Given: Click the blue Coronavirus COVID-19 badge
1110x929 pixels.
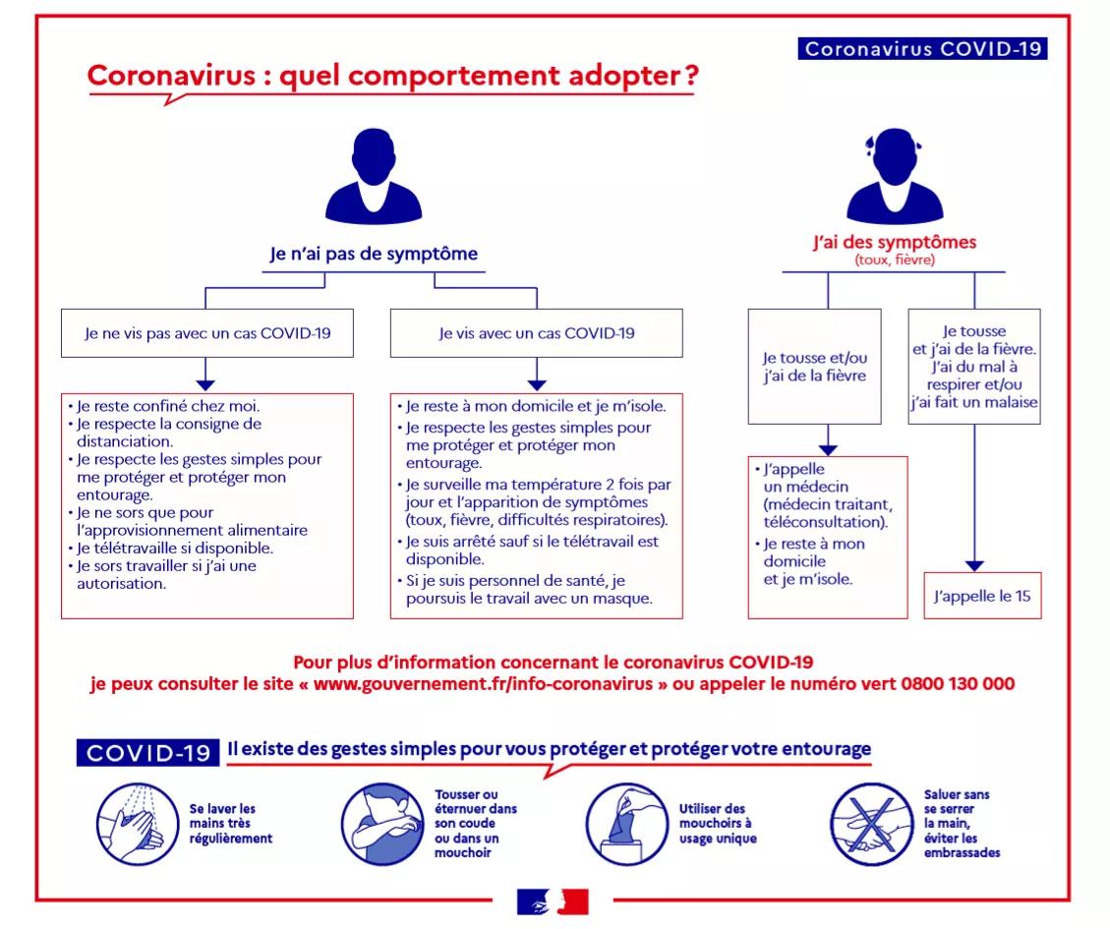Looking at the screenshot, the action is [922, 48].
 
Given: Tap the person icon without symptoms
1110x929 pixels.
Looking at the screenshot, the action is [374, 176].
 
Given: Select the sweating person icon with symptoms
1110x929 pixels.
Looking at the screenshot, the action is [895, 176].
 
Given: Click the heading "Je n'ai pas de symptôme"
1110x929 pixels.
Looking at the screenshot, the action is [374, 254].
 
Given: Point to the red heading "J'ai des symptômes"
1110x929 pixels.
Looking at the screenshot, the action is [895, 242].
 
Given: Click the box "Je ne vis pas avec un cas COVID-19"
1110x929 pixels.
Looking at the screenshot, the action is [207, 333].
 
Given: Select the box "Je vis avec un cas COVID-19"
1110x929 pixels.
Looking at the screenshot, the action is [537, 333].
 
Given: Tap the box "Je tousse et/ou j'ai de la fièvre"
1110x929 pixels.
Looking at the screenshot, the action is [815, 366].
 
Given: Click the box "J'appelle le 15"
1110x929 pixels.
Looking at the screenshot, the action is [982, 596].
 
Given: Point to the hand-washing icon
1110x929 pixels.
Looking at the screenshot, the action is [138, 824].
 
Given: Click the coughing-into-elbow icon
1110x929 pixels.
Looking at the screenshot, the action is [383, 824].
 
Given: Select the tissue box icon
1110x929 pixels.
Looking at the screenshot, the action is [627, 824].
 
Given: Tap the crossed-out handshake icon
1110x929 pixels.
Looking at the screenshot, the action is [872, 824].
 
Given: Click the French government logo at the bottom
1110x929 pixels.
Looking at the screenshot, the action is [553, 901].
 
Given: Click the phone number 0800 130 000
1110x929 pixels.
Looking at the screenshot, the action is [958, 683].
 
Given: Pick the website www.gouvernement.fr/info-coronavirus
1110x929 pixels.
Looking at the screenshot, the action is [483, 684].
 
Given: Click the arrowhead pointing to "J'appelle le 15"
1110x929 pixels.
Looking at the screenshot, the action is [974, 565].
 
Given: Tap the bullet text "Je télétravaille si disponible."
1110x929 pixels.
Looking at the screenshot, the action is [174, 548].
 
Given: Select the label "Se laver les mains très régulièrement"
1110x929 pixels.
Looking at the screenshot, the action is [231, 824].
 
